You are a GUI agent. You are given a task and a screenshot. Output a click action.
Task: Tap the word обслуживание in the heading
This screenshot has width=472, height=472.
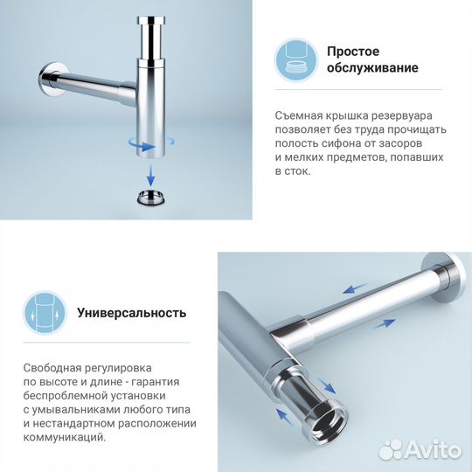point(372,68)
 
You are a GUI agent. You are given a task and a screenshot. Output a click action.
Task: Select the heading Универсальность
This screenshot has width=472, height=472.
point(131,312)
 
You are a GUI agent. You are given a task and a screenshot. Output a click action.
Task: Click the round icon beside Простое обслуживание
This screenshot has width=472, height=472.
point(296,59)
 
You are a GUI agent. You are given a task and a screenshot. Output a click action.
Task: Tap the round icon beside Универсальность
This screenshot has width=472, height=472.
point(45,312)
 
